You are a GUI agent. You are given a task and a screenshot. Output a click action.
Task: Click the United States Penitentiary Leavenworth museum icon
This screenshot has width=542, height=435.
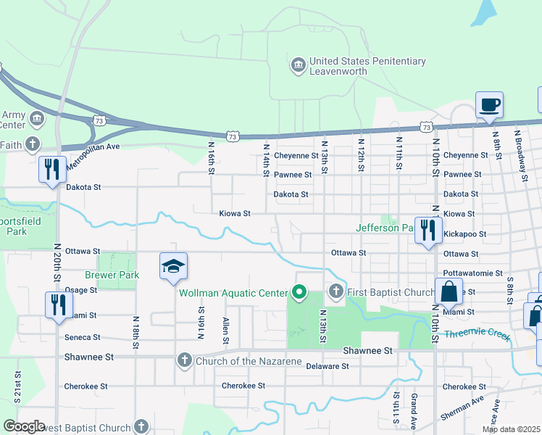[x=298, y=66]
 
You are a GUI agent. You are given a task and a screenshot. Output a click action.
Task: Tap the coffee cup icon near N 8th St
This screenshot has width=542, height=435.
[x=489, y=104]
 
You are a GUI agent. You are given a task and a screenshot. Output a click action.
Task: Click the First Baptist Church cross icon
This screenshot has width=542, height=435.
[x=335, y=292]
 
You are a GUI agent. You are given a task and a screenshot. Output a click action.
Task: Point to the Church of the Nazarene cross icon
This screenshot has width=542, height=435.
[x=185, y=360]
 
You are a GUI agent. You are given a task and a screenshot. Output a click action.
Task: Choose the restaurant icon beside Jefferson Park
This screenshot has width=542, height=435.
[x=428, y=231]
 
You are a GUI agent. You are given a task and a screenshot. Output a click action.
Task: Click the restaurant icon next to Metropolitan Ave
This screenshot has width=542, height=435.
[x=53, y=170]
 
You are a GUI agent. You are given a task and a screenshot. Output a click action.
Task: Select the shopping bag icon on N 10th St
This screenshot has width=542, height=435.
[x=449, y=291]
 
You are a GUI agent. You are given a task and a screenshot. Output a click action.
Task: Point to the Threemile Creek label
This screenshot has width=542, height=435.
[x=477, y=334]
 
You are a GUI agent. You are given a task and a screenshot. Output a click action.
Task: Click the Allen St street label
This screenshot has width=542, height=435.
[x=226, y=331]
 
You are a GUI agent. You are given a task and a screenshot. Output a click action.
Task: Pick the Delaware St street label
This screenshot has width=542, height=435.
[x=327, y=366]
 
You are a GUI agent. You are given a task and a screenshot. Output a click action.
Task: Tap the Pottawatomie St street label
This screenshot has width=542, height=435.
[x=473, y=273]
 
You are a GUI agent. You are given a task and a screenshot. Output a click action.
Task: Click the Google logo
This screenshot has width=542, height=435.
[x=24, y=426]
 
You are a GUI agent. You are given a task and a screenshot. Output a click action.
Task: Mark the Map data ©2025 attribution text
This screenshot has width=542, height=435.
[x=511, y=429]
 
